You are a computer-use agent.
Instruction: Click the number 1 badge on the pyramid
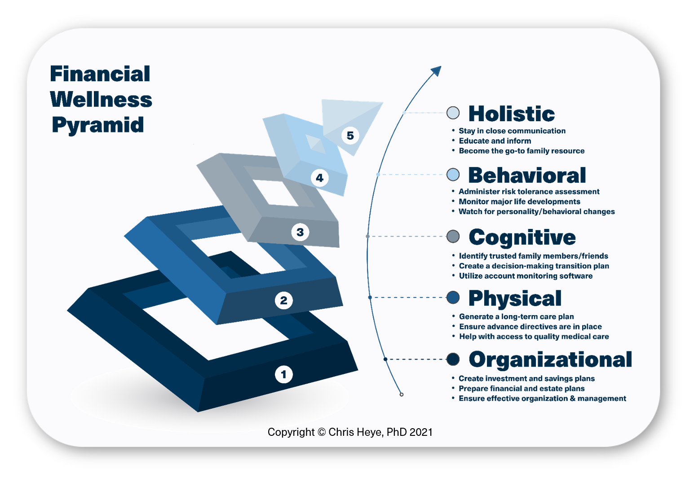coord(283,374)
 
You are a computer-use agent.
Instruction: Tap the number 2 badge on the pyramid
coord(283,300)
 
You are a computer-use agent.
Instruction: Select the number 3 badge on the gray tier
coord(300,232)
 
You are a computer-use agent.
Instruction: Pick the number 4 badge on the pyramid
coord(319,178)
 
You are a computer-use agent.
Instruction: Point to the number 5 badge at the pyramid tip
coord(350,136)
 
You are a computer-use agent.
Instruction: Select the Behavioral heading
coord(527,175)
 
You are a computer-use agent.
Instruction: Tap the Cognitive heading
coord(522,237)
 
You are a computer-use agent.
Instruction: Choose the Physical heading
coord(515,298)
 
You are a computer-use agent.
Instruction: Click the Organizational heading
coord(550,360)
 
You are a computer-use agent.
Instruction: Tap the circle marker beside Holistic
coord(453,113)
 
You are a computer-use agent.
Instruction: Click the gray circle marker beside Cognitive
coord(453,237)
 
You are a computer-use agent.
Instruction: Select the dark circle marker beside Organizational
coord(453,359)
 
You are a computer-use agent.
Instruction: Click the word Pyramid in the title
coord(97,126)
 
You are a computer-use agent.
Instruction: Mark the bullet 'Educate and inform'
coord(495,141)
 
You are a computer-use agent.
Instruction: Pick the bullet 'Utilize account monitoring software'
coord(526,276)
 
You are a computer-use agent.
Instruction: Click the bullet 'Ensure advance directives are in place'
coord(530,327)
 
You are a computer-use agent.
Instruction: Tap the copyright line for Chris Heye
coord(350,432)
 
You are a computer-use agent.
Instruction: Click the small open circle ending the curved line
coord(402,395)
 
